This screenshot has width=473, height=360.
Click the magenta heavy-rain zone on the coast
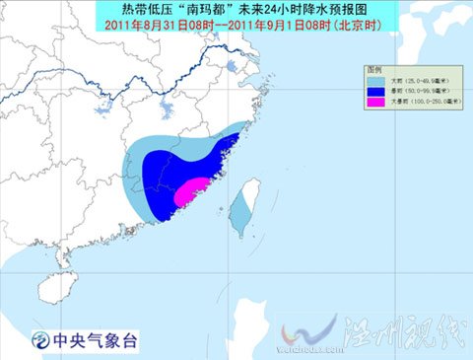[x=193, y=189]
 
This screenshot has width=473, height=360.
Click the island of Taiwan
[x=239, y=212]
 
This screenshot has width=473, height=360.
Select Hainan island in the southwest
[x=61, y=287]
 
